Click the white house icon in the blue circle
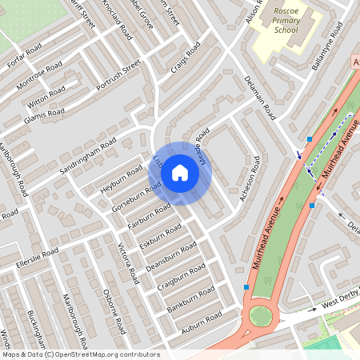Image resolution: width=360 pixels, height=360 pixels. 180,173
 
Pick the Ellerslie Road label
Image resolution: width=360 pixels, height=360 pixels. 38,258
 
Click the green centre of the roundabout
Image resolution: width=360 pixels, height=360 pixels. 260,316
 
